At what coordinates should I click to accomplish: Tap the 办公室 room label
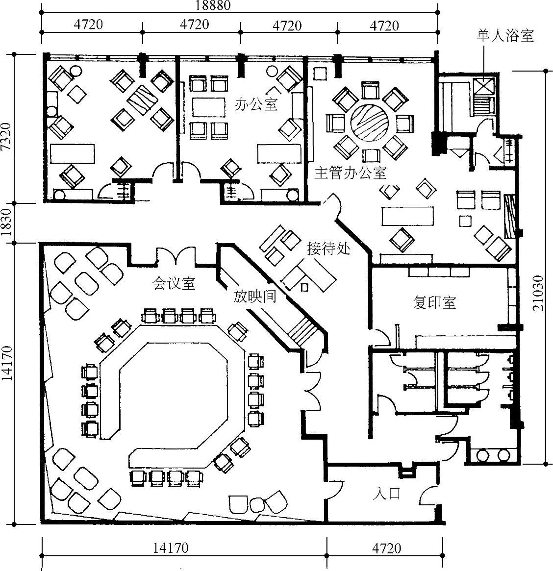(x=256, y=104)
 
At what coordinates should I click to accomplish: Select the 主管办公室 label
(x=350, y=173)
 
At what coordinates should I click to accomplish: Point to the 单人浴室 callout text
(x=505, y=35)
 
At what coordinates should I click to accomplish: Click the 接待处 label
(x=328, y=248)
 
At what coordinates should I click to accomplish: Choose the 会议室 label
(x=174, y=283)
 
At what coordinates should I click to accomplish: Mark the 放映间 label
(x=254, y=297)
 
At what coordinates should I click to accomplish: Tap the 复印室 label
(x=434, y=302)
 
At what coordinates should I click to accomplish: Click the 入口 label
(x=386, y=494)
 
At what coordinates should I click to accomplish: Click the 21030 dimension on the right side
(x=538, y=293)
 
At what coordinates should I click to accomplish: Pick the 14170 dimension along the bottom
(x=171, y=547)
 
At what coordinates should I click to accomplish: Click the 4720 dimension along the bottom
(x=387, y=548)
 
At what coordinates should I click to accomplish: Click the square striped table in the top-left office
(x=143, y=100)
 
